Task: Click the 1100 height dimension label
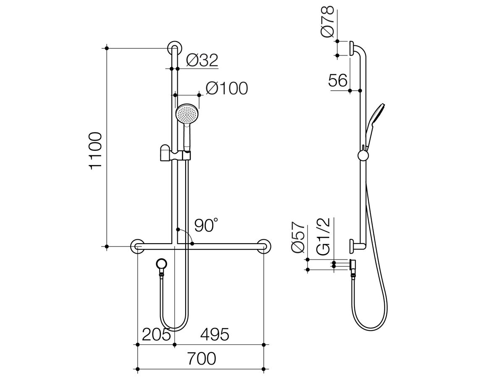click(96, 150)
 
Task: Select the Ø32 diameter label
click(202, 61)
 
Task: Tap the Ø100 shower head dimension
click(227, 88)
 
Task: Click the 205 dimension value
click(156, 335)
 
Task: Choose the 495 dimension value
click(214, 335)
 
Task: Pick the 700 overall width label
click(201, 360)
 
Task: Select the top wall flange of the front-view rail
click(174, 48)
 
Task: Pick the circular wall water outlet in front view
click(162, 264)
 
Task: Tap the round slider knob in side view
click(362, 156)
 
